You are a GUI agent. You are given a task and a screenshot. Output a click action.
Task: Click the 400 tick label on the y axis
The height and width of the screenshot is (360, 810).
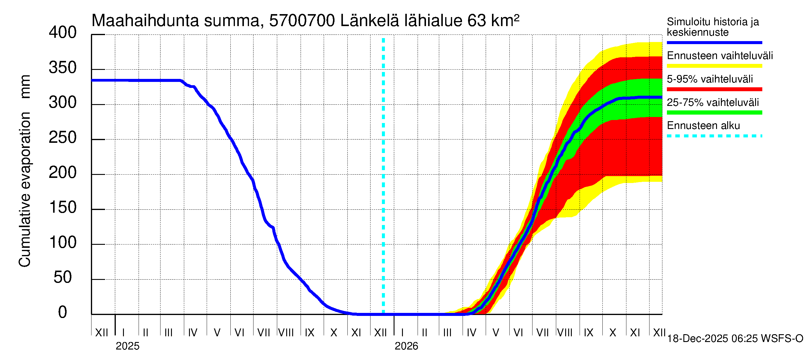point(63,33)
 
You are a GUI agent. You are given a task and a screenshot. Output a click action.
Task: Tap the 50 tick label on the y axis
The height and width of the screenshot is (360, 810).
point(63,277)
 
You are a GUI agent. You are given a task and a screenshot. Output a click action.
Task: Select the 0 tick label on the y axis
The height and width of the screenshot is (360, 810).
point(63,313)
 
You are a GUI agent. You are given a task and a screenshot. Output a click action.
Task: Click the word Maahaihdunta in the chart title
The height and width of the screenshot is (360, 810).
point(145,21)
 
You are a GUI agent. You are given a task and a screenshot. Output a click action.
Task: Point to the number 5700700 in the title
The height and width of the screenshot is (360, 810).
point(302,21)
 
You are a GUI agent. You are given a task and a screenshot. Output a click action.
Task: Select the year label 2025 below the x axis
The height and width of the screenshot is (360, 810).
point(127,346)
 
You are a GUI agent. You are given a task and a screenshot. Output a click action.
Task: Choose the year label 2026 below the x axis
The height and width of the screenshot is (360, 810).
point(406,346)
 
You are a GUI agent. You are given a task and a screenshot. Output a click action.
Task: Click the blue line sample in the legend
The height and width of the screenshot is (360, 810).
point(714,42)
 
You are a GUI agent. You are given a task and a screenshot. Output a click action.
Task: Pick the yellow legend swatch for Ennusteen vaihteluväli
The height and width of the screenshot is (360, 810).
point(714,66)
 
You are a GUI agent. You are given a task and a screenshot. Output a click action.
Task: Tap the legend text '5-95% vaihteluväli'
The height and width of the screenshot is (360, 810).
point(710,79)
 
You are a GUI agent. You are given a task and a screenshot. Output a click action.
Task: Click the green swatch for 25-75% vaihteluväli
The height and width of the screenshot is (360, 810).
point(714,112)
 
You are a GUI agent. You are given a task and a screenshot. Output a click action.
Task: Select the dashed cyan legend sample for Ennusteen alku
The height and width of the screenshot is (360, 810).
point(714,136)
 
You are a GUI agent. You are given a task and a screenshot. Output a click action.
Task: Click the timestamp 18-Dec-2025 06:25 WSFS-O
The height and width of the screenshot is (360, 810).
point(735,339)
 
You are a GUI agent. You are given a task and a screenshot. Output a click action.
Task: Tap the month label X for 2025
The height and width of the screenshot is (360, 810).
point(334,333)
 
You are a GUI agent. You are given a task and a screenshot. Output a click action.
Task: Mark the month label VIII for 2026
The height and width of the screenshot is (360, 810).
point(565,333)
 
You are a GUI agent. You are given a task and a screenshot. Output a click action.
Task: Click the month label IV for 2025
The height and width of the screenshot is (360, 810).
point(192,333)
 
